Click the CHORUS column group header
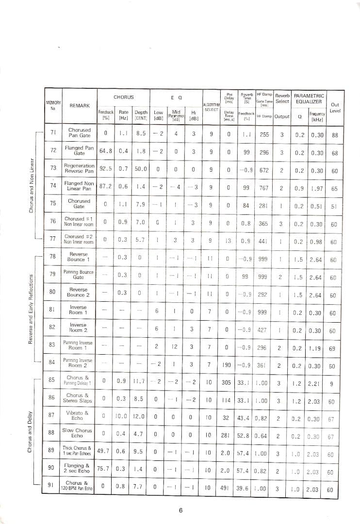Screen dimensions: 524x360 pyautogui.click(x=123, y=97)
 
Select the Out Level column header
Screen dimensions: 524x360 pyautogui.click(x=335, y=107)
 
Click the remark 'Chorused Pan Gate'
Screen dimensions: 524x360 pyautogui.click(x=79, y=133)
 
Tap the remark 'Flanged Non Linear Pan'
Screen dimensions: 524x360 pyautogui.click(x=79, y=186)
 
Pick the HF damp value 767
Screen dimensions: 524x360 pyautogui.click(x=263, y=188)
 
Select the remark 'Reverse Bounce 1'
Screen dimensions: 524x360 pyautogui.click(x=79, y=257)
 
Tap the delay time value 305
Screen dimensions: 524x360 pyautogui.click(x=226, y=382)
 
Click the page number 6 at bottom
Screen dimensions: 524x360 pyautogui.click(x=180, y=510)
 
